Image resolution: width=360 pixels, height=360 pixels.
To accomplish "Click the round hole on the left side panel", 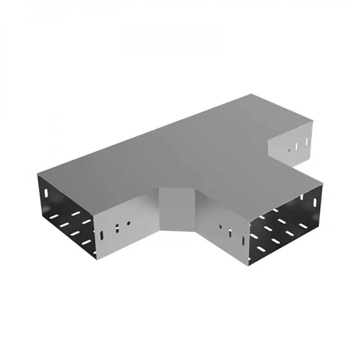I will click(x=129, y=222).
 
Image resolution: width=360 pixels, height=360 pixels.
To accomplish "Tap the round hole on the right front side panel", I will click(x=220, y=226).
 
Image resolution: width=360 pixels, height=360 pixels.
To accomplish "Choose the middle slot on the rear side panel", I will click(x=297, y=146).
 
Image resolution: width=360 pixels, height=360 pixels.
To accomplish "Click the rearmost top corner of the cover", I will click(x=252, y=94).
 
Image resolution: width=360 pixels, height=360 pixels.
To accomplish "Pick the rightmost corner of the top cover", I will click(x=323, y=184).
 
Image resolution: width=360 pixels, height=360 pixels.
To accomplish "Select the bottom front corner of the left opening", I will click(x=96, y=260).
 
